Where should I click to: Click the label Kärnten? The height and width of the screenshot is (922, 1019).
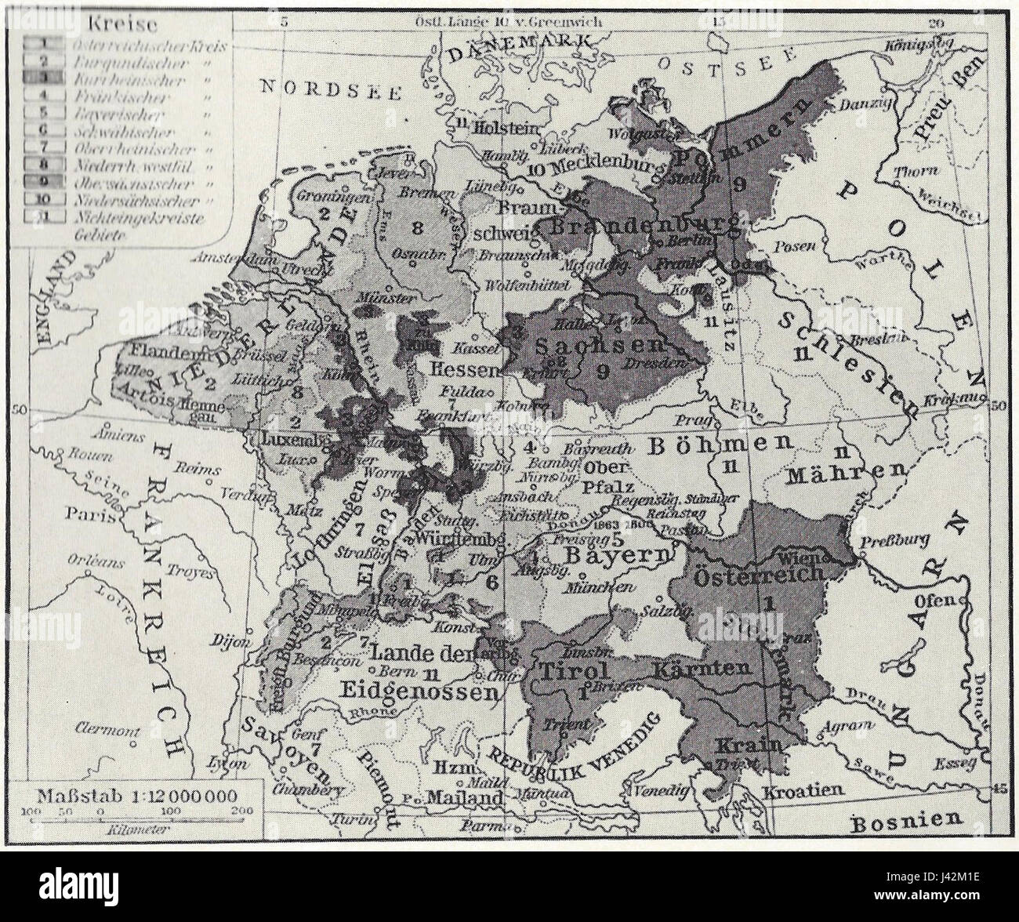coord(710,668)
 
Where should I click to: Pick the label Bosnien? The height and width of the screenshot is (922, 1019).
coord(907,820)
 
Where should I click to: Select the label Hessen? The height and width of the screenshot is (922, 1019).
coord(468,368)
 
